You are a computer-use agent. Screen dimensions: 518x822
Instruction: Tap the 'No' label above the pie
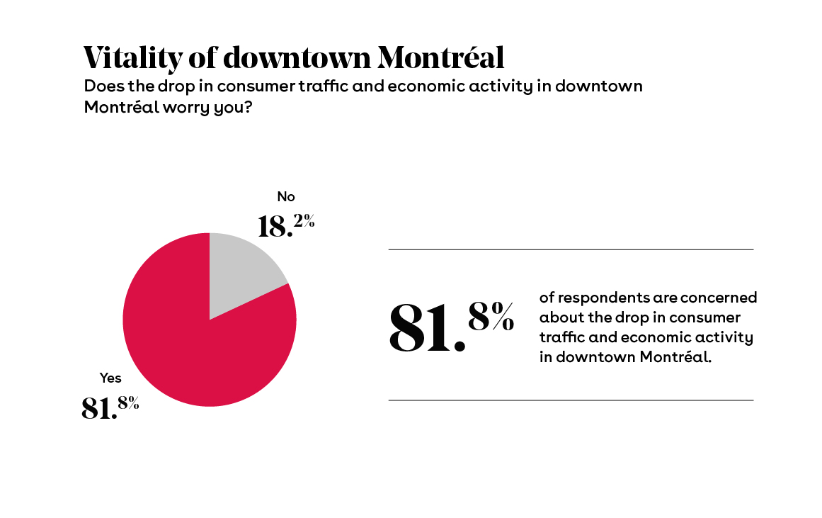[x=285, y=196]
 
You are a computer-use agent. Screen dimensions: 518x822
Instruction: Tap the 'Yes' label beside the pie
[x=110, y=378]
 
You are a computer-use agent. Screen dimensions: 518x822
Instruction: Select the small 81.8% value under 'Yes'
[x=110, y=407]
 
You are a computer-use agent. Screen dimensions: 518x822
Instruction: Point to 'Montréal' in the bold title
[x=440, y=57]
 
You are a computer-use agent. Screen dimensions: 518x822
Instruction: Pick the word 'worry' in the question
[x=190, y=106]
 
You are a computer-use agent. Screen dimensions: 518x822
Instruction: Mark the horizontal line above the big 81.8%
[x=571, y=249]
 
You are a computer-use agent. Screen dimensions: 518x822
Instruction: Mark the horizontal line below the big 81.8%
[x=571, y=400]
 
